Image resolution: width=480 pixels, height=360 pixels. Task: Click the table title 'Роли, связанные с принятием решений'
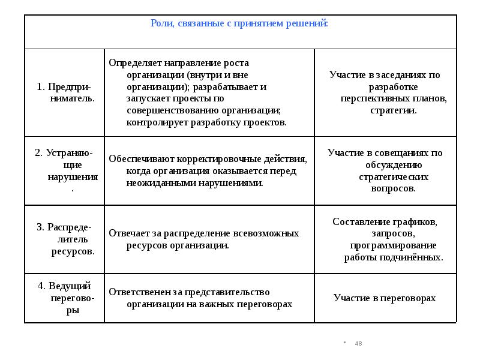(239, 23)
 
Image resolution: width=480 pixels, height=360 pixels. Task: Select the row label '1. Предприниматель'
(65, 92)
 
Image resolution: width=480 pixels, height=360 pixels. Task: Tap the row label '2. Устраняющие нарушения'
(65, 171)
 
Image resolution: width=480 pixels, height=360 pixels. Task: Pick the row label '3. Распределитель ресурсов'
(65, 239)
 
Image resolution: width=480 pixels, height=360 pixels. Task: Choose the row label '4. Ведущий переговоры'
(65, 298)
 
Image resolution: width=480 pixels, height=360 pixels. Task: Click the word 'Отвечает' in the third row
(125, 233)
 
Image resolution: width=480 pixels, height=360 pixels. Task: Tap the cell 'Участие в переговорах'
(385, 298)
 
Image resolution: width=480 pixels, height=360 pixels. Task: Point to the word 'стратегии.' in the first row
(393, 110)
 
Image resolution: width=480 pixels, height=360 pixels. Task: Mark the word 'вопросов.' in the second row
(393, 188)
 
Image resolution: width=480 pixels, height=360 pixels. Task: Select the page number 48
(359, 344)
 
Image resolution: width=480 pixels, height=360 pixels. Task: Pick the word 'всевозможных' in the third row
(272, 233)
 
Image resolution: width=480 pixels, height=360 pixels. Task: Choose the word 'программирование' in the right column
(393, 245)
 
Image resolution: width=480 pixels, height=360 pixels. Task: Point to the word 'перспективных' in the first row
(367, 98)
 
